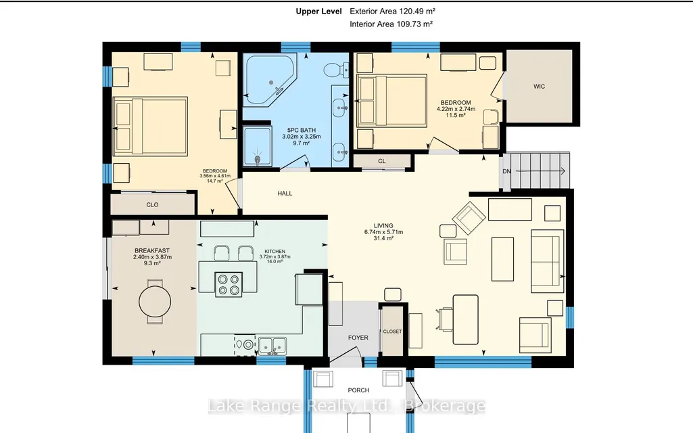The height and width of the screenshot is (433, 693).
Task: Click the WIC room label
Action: (x=539, y=86)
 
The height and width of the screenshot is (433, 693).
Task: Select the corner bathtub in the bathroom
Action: (x=270, y=80)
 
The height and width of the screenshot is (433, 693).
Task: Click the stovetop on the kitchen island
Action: (x=229, y=284)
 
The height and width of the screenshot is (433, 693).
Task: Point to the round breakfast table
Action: (x=155, y=302)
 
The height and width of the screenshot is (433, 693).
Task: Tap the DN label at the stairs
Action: (x=506, y=171)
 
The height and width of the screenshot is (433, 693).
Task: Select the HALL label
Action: (x=285, y=193)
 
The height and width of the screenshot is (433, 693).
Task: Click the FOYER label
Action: (x=358, y=338)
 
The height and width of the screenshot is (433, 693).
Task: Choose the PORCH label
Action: (x=358, y=390)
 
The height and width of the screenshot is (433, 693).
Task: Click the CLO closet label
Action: (x=152, y=205)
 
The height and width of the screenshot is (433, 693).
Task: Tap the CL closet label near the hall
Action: (x=382, y=161)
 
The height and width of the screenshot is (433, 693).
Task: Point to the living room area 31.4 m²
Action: (x=383, y=238)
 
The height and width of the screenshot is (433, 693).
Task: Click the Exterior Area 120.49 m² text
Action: (x=392, y=12)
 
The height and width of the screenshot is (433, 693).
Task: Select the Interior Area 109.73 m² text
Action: (x=391, y=24)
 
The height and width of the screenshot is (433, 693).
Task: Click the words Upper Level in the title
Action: (x=318, y=12)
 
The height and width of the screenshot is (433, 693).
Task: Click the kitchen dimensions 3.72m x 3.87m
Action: (x=275, y=256)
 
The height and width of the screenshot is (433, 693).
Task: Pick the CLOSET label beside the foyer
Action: (x=392, y=332)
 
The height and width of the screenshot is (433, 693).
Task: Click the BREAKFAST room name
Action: (x=152, y=251)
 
